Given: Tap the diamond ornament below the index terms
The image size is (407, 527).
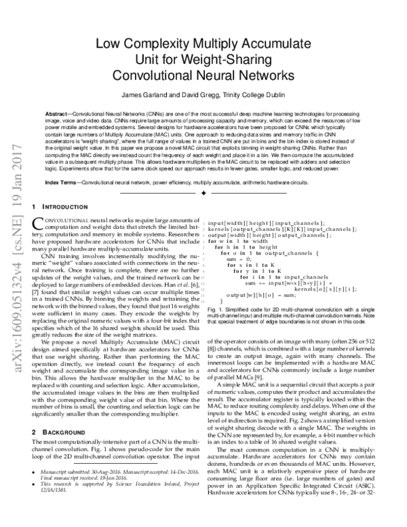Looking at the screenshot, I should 203,194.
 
